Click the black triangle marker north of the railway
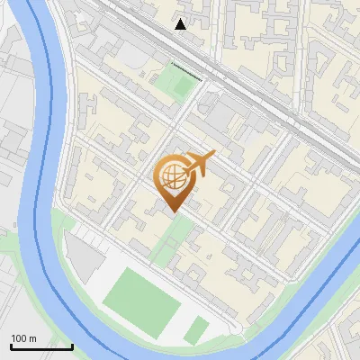[181, 24]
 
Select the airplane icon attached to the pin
[200, 164]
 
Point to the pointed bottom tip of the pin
[173, 211]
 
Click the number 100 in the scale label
[18, 338]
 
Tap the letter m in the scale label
[32, 338]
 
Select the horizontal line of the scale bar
[41, 346]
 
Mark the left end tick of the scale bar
[11, 345]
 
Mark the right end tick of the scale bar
[72, 345]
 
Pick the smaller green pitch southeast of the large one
[196, 329]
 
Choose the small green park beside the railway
[175, 83]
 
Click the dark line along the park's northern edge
[185, 68]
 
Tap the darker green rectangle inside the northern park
[179, 86]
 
